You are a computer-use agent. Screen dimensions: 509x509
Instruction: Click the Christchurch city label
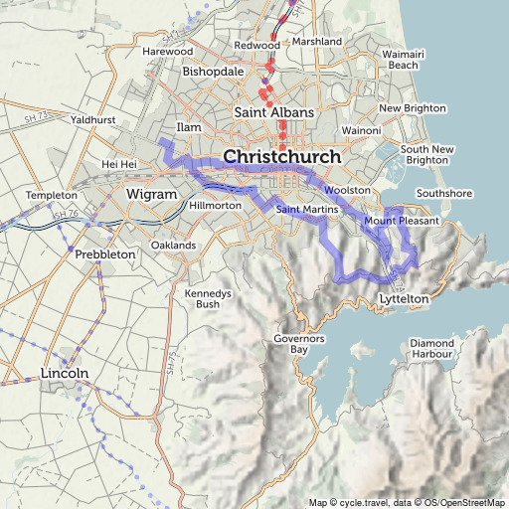282,157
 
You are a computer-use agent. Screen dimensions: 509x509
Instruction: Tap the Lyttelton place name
405,298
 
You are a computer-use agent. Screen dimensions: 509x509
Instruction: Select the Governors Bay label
299,345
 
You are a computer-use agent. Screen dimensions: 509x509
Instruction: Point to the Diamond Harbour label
431,349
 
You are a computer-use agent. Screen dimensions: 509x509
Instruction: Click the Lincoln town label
65,373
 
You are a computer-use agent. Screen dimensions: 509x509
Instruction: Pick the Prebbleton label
104,254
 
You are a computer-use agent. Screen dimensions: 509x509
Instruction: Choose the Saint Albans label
273,112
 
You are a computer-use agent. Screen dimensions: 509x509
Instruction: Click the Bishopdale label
212,73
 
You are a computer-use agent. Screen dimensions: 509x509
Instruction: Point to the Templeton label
52,196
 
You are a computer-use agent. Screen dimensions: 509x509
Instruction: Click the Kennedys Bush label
208,299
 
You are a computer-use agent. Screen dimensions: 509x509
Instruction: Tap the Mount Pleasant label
401,221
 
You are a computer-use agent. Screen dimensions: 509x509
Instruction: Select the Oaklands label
173,245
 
